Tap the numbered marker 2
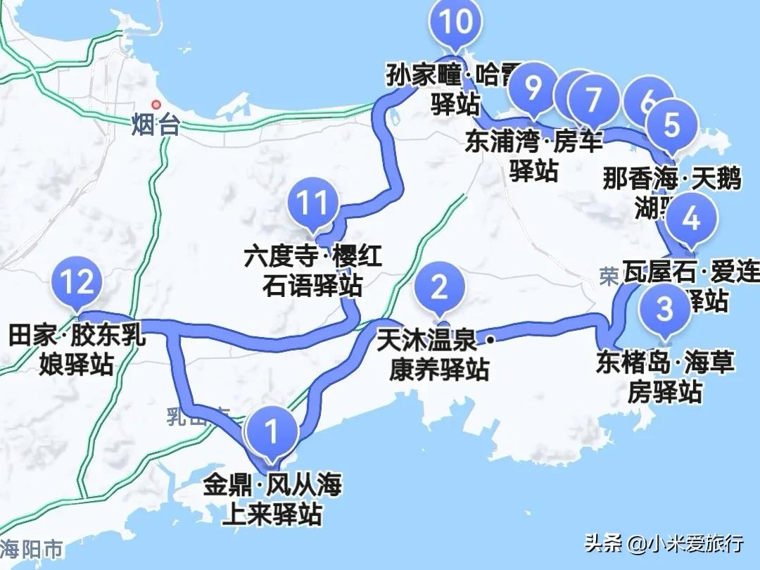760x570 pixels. (x=440, y=288)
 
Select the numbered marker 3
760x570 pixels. (x=664, y=308)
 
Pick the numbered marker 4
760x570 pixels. (x=692, y=220)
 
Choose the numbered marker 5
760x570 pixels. (x=672, y=125)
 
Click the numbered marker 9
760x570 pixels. (x=534, y=89)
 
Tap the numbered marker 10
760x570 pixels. (x=457, y=23)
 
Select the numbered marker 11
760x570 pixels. (x=313, y=204)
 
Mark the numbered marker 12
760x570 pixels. (x=77, y=283)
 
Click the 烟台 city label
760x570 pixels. (x=156, y=127)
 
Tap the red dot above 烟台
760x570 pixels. (x=156, y=106)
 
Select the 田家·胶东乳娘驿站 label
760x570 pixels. (x=77, y=349)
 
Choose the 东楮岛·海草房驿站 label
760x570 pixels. (x=665, y=377)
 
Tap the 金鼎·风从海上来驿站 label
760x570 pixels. (x=272, y=499)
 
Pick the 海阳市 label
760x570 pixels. (x=32, y=548)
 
